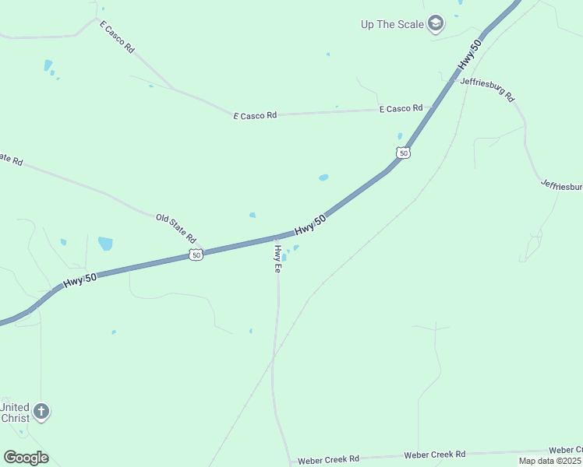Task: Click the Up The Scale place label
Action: pyautogui.click(x=392, y=24)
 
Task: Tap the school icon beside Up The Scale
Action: pyautogui.click(x=436, y=23)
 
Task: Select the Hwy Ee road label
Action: pyautogui.click(x=277, y=258)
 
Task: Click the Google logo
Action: pyautogui.click(x=26, y=458)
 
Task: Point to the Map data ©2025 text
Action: pyautogui.click(x=550, y=461)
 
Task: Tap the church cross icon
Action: pyautogui.click(x=42, y=411)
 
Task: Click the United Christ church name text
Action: pyautogui.click(x=15, y=413)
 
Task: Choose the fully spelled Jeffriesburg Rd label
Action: pyautogui.click(x=487, y=89)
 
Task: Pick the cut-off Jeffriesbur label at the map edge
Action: pyautogui.click(x=561, y=186)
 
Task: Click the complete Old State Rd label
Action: pyautogui.click(x=175, y=228)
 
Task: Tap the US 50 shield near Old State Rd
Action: pyautogui.click(x=196, y=255)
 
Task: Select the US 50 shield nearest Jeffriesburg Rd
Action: pyautogui.click(x=402, y=153)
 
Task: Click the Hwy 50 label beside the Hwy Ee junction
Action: pyautogui.click(x=309, y=226)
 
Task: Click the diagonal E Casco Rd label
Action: pyautogui.click(x=117, y=37)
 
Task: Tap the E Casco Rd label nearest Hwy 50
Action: pyautogui.click(x=401, y=109)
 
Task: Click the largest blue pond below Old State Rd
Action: pyautogui.click(x=105, y=244)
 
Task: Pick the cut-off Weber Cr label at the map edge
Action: pyautogui.click(x=566, y=450)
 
